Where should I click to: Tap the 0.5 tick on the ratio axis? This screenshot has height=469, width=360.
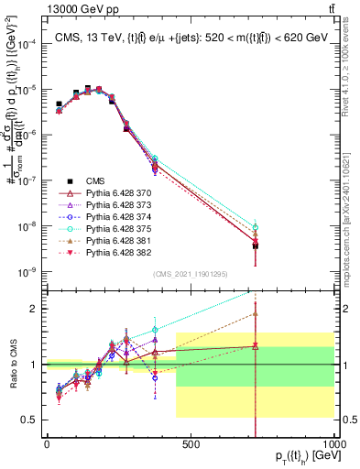32,420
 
